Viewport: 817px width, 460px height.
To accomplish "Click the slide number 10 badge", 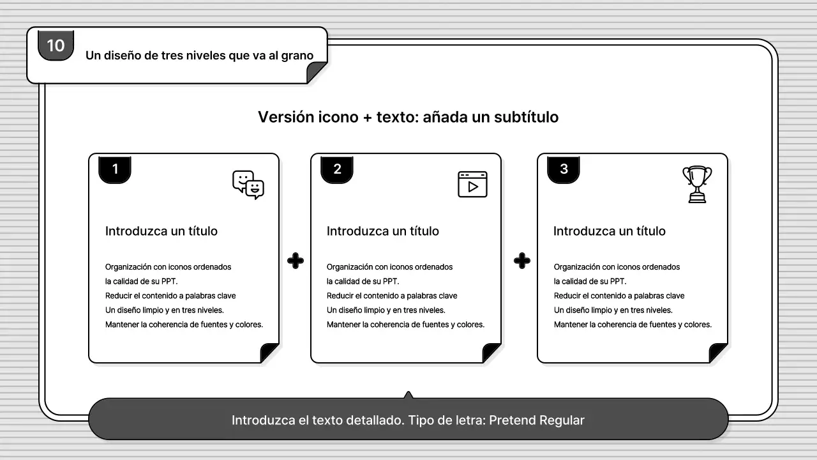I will coord(56,45).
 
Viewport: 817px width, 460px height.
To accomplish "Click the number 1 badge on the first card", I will coord(115,169).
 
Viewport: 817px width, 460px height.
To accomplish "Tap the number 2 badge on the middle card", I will coord(337,169).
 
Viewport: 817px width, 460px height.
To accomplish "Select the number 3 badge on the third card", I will coord(564,169).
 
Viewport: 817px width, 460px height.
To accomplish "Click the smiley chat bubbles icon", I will coord(248,185).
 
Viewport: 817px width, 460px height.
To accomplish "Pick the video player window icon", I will coord(472,184).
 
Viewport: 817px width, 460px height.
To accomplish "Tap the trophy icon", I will coord(697,184).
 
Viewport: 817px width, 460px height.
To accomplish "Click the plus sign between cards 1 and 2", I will coord(296,261).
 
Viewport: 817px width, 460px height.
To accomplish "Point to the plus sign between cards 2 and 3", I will coord(522,261).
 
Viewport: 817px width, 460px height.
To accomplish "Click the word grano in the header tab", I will coord(297,56).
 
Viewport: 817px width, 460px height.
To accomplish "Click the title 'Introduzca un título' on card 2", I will coord(383,231).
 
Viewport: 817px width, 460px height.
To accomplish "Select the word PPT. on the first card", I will coord(170,282).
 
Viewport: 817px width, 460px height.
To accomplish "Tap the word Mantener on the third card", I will coord(570,325).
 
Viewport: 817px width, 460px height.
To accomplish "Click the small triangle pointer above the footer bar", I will coord(408,395).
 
